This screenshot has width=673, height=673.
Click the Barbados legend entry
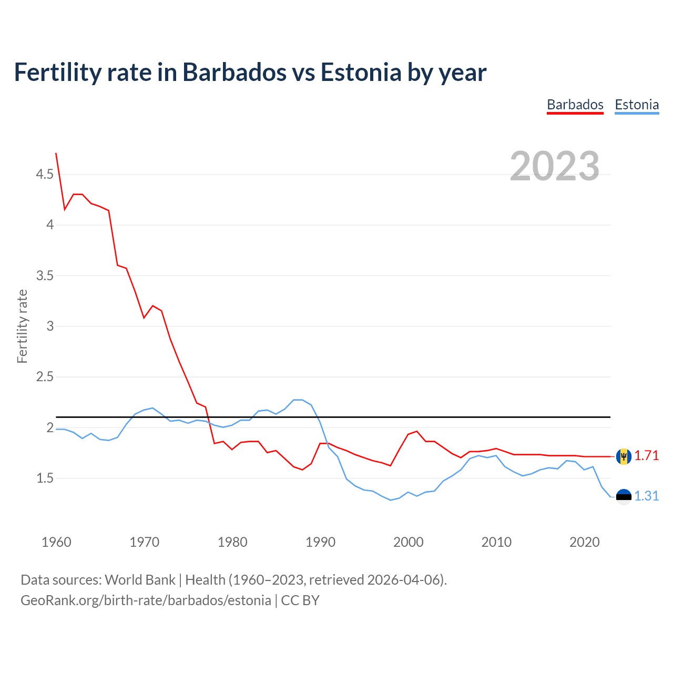click(x=575, y=105)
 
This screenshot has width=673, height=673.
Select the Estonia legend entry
click(x=637, y=105)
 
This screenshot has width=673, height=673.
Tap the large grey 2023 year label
click(x=555, y=166)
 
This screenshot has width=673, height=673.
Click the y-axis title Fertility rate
click(x=22, y=326)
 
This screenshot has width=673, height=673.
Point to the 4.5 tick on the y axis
click(x=45, y=174)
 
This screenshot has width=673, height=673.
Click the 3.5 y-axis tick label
click(x=45, y=276)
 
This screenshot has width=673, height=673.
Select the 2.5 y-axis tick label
click(x=45, y=377)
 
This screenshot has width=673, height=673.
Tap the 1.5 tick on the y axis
click(x=45, y=478)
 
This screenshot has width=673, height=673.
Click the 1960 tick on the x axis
click(x=56, y=542)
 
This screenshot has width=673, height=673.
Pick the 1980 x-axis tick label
click(x=232, y=542)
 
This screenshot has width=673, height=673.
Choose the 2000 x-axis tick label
click(x=409, y=542)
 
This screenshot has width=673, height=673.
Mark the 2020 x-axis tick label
click(x=584, y=542)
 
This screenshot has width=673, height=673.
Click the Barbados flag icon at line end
click(x=624, y=456)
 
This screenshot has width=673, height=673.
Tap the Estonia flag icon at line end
click(x=624, y=497)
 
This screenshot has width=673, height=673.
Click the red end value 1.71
click(x=646, y=456)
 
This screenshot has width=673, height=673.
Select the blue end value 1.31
click(x=646, y=496)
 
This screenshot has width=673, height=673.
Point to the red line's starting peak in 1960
click(x=56, y=154)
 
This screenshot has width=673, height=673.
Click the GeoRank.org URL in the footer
click(x=146, y=600)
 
